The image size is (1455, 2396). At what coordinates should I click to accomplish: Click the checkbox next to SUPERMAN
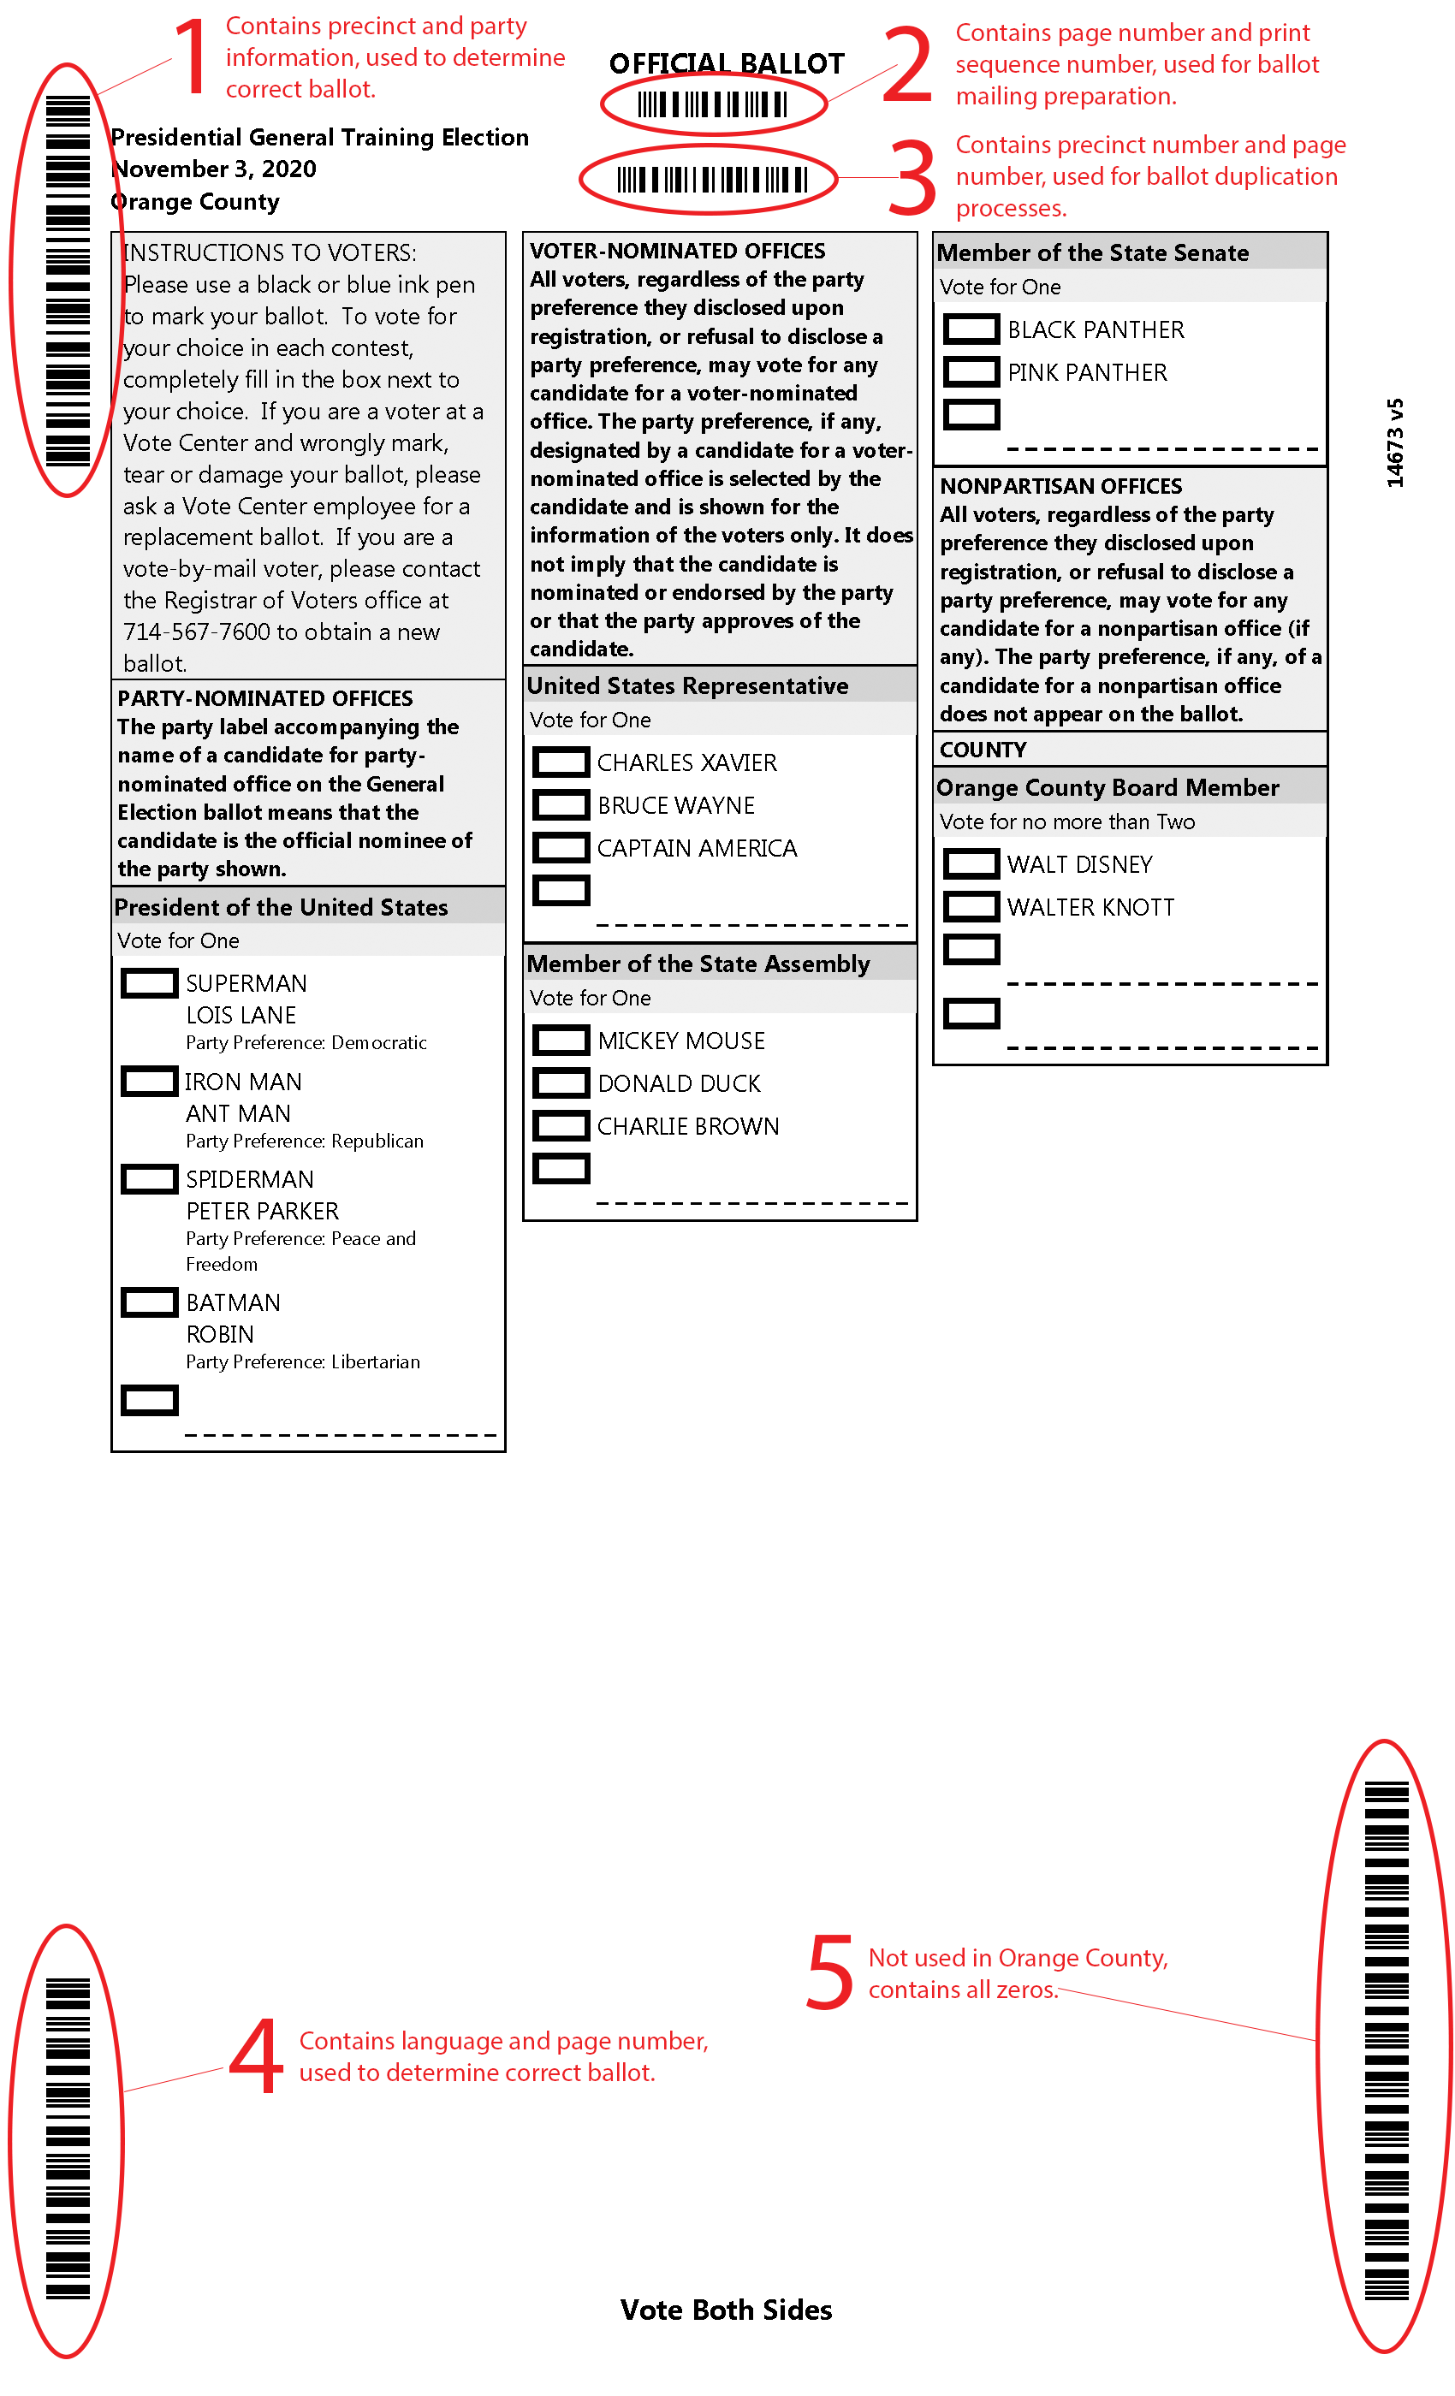[x=149, y=983]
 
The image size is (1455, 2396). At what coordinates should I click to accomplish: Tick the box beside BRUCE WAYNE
[x=561, y=805]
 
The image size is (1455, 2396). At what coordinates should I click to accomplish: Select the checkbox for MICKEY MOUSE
[x=561, y=1041]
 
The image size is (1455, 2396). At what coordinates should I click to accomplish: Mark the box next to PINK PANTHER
[x=971, y=371]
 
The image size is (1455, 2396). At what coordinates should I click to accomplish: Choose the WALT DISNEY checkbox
[x=971, y=863]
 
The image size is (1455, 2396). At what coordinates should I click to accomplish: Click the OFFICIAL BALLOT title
[x=727, y=64]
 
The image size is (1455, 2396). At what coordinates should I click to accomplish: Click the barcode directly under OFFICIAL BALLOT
[x=713, y=104]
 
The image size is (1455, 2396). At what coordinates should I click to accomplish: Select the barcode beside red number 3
[x=711, y=180]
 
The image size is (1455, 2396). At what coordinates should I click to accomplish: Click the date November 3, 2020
[x=214, y=169]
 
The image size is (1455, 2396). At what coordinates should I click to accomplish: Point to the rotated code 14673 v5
[x=1395, y=442]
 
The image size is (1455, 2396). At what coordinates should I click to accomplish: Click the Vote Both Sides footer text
[x=726, y=2310]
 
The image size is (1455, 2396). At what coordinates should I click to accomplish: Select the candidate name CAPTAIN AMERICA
[x=697, y=848]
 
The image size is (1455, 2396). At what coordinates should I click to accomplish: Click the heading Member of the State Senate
[x=1092, y=252]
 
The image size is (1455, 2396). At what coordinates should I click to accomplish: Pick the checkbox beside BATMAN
[x=149, y=1302]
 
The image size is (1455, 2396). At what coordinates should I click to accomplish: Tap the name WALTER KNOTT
[x=1090, y=907]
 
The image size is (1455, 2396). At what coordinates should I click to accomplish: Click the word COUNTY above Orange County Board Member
[x=983, y=750]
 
